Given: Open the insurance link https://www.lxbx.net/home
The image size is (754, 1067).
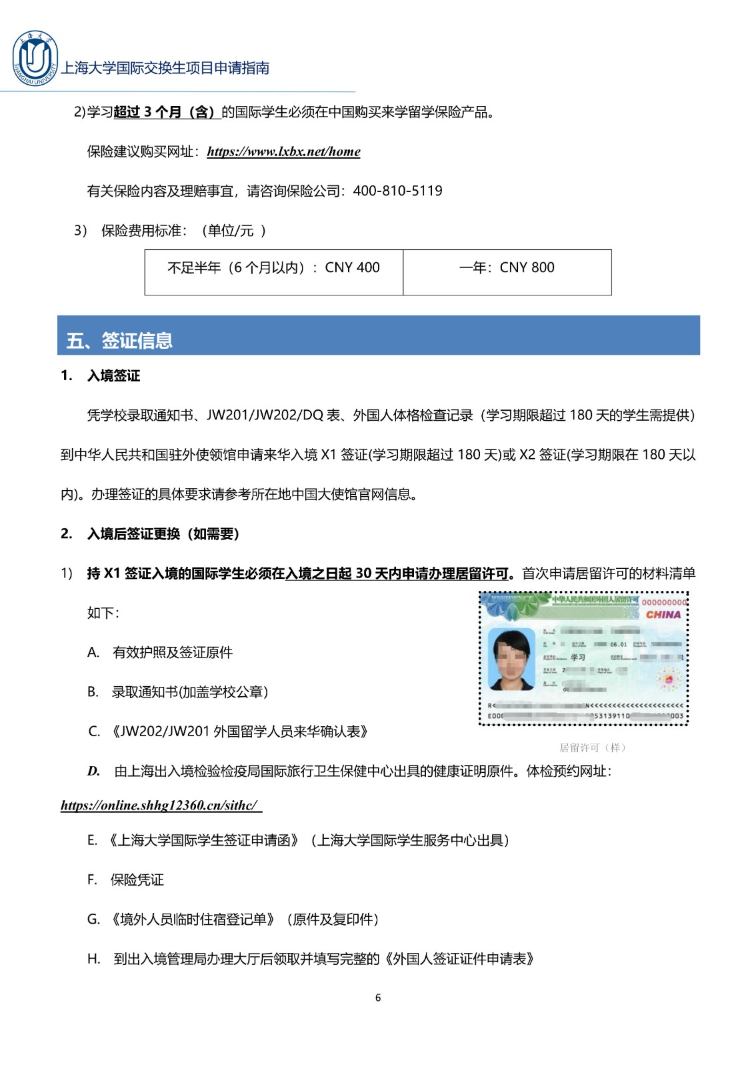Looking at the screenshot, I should [283, 151].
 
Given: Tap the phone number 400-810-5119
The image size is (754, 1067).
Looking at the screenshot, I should [397, 191].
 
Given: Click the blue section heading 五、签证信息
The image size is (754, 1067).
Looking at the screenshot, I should [120, 341].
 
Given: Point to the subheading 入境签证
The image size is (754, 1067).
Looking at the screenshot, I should [113, 376].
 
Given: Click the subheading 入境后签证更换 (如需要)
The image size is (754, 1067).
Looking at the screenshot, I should [163, 533].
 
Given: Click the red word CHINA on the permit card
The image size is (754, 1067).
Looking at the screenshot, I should [663, 615].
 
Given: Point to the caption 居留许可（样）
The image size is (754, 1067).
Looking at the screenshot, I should [593, 748].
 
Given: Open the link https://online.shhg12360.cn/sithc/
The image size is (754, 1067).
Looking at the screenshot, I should [160, 806].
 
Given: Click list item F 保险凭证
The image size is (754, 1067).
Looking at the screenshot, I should [137, 880].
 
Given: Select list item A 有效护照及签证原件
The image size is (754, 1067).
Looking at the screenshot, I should [172, 652].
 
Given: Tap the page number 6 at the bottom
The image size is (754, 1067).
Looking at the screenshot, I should [378, 998].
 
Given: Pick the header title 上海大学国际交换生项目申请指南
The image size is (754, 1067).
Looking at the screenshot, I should [165, 68].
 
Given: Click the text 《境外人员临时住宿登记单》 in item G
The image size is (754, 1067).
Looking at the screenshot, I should [193, 920].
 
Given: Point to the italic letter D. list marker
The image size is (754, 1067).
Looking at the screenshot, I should [93, 772].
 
